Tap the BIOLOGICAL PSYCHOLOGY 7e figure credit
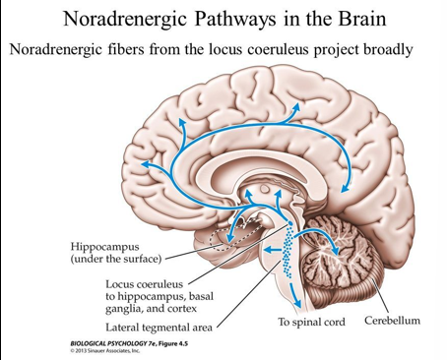118,344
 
